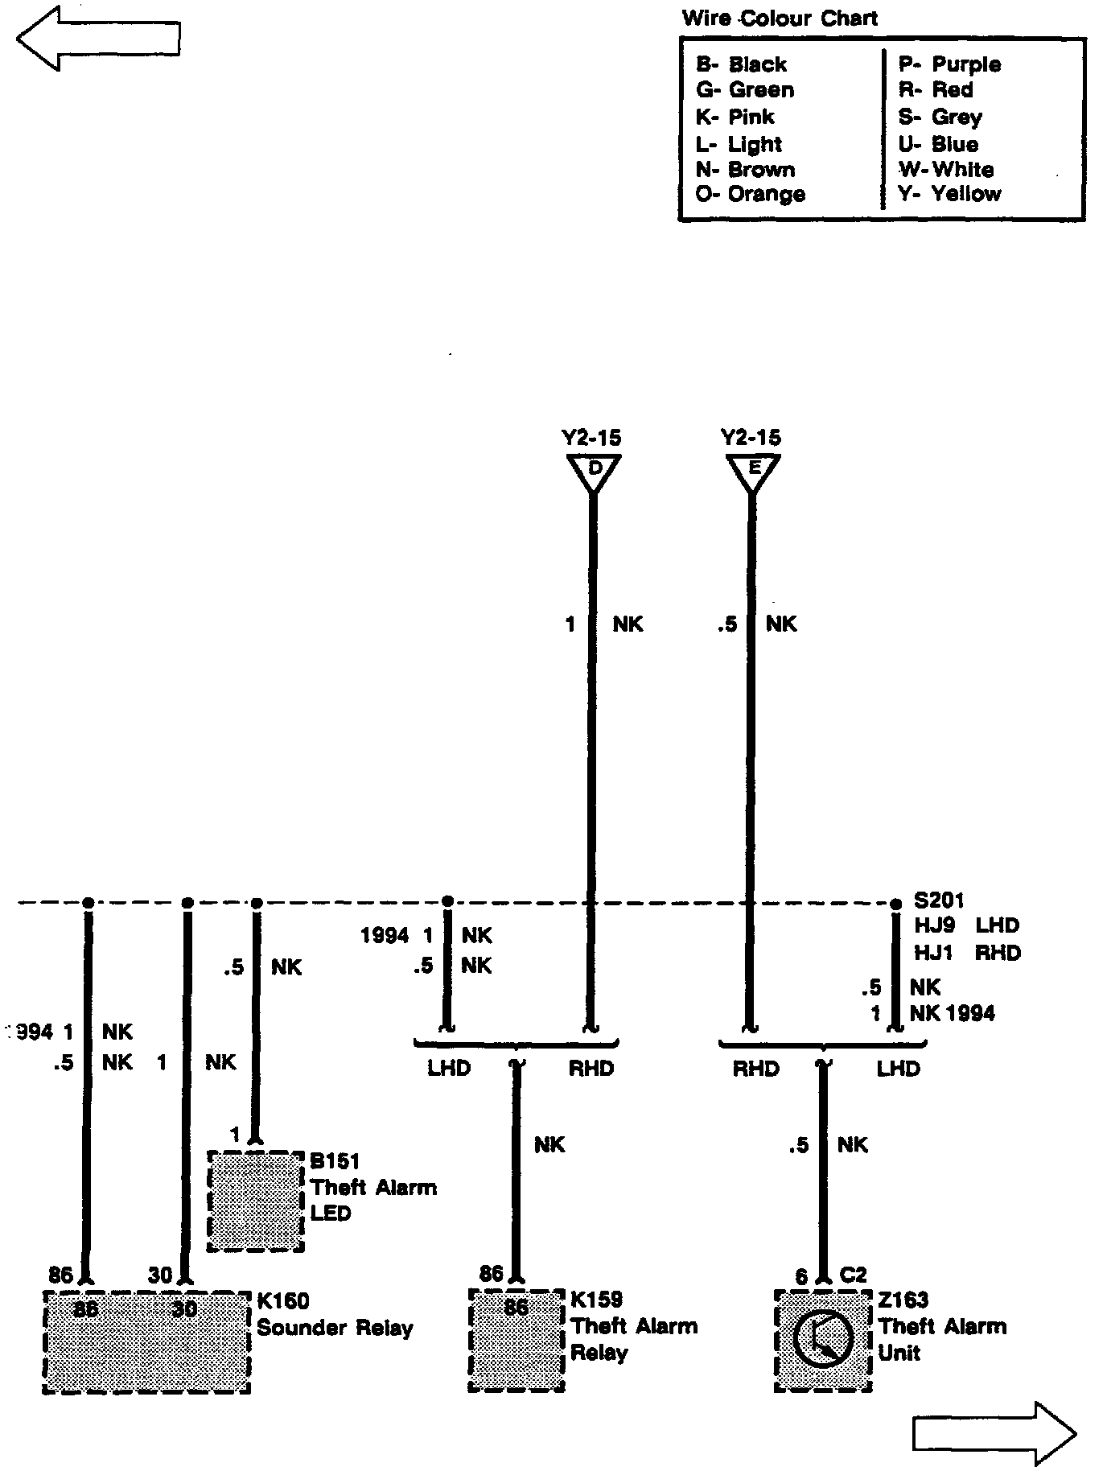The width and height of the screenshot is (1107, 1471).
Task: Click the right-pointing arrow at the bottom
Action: click(995, 1432)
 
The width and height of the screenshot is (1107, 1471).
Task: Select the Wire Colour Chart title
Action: click(780, 19)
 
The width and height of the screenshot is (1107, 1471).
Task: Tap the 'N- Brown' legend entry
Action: click(745, 170)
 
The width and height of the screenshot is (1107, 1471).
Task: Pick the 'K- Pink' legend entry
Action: click(735, 117)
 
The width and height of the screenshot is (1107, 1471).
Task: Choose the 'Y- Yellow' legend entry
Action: click(950, 194)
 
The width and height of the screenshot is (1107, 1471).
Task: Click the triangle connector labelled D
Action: click(594, 472)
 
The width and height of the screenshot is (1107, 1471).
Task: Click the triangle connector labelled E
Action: click(753, 472)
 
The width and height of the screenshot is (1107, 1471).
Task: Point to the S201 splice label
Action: click(939, 900)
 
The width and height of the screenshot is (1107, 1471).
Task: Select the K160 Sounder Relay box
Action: click(146, 1341)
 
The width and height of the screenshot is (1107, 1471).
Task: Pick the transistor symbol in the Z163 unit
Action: click(822, 1340)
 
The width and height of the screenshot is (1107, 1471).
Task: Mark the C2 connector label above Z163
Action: click(854, 1275)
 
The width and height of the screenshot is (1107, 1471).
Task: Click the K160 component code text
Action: click(283, 1301)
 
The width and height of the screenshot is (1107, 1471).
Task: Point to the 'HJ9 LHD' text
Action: click(966, 925)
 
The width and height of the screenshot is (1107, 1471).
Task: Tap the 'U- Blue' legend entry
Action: click(939, 144)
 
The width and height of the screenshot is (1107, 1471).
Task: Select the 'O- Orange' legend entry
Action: click(750, 194)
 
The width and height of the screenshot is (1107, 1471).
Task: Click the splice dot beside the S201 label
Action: click(896, 904)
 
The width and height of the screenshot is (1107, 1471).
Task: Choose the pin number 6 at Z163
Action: click(801, 1276)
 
